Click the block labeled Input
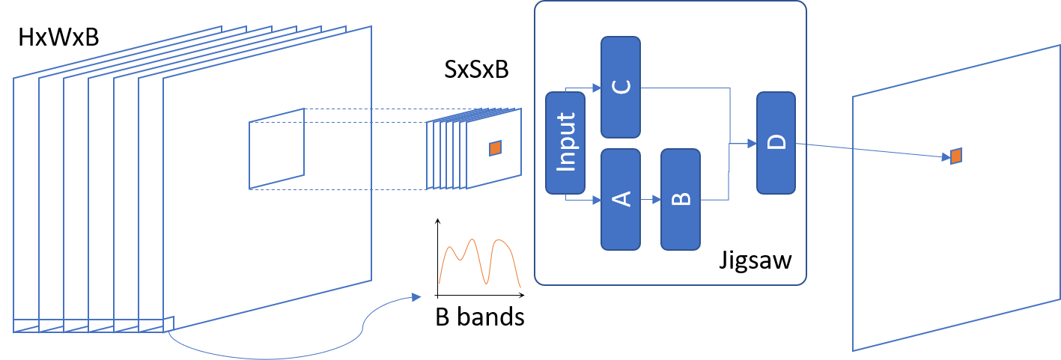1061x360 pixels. point(565,143)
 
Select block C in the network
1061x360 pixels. point(621,87)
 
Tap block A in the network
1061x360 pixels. point(621,199)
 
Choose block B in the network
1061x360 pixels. point(680,199)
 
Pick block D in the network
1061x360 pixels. point(776,143)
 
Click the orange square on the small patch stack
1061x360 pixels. point(495,148)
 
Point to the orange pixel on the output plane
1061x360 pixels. point(956,156)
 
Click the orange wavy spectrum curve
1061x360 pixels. point(479,262)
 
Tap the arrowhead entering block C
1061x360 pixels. point(597,88)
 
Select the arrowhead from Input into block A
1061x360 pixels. point(597,200)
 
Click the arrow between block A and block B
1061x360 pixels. point(651,200)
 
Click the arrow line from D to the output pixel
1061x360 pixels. point(869,150)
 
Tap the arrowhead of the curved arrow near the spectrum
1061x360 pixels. point(416,297)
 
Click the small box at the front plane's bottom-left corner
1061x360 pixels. point(168,323)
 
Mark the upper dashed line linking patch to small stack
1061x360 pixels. point(367,109)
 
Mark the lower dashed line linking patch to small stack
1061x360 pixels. point(367,189)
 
